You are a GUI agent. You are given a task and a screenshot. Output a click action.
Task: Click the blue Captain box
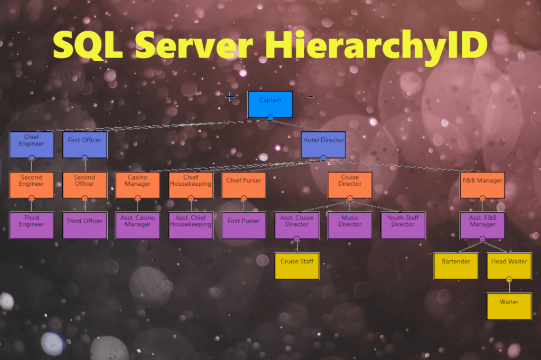coord(270,104)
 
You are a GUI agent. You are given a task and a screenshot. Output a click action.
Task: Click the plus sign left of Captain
coord(230,97)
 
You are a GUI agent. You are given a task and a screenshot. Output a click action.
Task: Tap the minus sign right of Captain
coord(311,97)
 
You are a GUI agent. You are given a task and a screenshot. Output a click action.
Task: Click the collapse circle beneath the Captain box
coord(270,118)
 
